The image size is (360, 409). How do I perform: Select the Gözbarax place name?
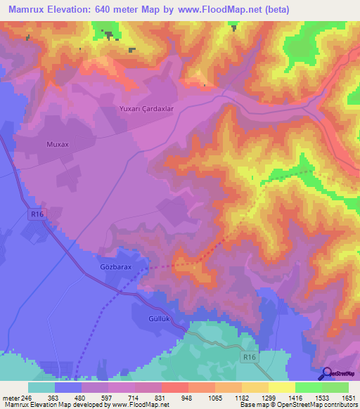pos(111,268)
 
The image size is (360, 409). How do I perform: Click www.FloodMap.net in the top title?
pos(215,8)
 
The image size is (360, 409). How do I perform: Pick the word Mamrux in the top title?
pos(25,8)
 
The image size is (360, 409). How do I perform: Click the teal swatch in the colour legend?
pos(41,387)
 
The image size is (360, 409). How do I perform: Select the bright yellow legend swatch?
pos(282,387)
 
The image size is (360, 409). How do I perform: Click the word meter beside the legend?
pos(11,398)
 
